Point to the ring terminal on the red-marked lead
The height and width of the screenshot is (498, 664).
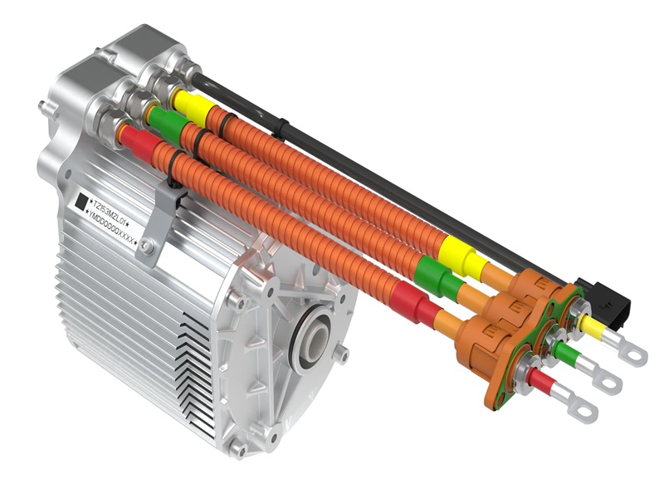click(x=584, y=410)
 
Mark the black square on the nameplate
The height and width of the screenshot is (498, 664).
click(x=81, y=202)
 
